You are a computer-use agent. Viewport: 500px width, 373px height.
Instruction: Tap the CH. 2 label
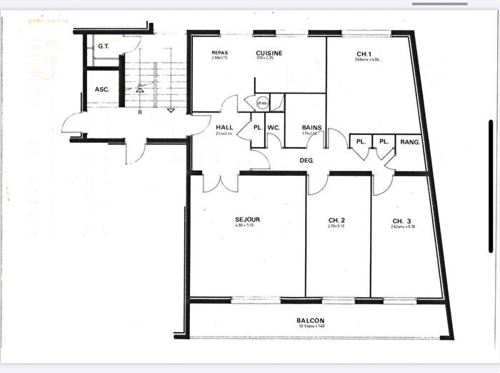337,219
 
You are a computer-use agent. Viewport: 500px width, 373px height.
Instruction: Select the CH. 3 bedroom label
401,219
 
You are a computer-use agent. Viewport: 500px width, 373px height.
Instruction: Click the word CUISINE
269,53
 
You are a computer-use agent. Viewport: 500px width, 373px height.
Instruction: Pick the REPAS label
219,53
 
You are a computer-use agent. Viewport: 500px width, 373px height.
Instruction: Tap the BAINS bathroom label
311,128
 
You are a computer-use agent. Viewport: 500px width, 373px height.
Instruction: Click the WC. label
274,129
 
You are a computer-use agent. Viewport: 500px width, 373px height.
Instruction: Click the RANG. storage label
410,141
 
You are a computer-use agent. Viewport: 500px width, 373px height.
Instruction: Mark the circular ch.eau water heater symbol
262,103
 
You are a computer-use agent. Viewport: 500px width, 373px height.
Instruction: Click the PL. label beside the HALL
256,129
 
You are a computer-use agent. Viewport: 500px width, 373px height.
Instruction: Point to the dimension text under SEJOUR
247,226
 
